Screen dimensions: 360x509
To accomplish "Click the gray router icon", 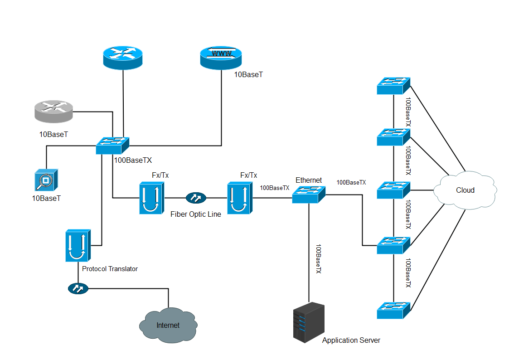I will [53, 112].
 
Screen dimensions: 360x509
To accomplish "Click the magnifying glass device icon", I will [46, 180].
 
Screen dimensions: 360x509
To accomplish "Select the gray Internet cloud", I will [168, 325].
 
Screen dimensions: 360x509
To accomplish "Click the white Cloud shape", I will [465, 190].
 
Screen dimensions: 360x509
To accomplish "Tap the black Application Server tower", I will [309, 322].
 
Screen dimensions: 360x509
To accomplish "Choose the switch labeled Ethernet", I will [308, 194].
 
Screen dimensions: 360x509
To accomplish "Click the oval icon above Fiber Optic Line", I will [196, 198].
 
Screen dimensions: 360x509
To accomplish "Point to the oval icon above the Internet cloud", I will [78, 288].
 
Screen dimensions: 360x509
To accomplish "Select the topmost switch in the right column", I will [393, 86].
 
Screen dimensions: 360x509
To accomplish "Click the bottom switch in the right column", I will [393, 311].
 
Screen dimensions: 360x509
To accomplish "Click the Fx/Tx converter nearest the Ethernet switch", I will [239, 198].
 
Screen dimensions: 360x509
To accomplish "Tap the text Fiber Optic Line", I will [196, 214].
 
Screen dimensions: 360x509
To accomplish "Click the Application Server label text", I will [351, 340].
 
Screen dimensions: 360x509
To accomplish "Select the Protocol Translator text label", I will [110, 269].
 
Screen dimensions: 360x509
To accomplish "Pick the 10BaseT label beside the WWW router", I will [248, 74].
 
